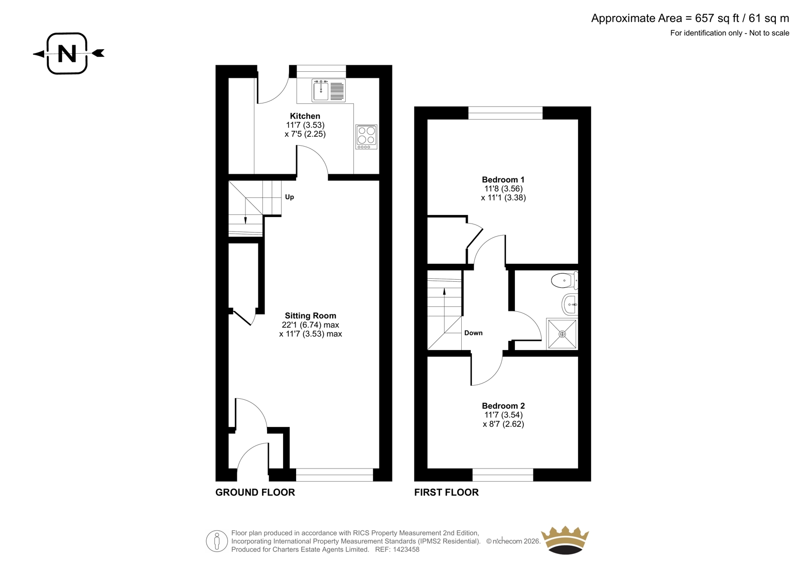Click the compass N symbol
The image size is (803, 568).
click(x=67, y=53)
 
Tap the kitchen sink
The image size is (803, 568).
click(x=328, y=90)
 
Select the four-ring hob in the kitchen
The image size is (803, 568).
click(x=366, y=137)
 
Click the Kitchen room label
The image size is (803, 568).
click(x=305, y=116)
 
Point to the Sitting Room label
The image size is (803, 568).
click(x=311, y=316)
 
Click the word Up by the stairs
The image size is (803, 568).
click(x=289, y=197)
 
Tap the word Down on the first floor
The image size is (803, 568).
click(x=473, y=333)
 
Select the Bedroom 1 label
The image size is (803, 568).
click(x=503, y=179)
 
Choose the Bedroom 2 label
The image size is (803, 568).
click(x=503, y=406)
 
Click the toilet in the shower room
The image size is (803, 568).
click(x=565, y=281)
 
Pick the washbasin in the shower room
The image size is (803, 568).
click(x=570, y=304)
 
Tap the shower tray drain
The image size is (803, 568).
click(x=562, y=334)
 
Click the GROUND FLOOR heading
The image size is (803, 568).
click(x=255, y=492)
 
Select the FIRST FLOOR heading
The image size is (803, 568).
click(x=446, y=492)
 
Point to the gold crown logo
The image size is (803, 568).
click(x=565, y=540)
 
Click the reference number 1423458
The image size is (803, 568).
click(x=406, y=549)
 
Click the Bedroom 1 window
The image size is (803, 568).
click(x=505, y=112)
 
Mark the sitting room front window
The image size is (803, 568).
click(x=334, y=475)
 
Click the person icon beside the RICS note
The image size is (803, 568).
click(x=216, y=541)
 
